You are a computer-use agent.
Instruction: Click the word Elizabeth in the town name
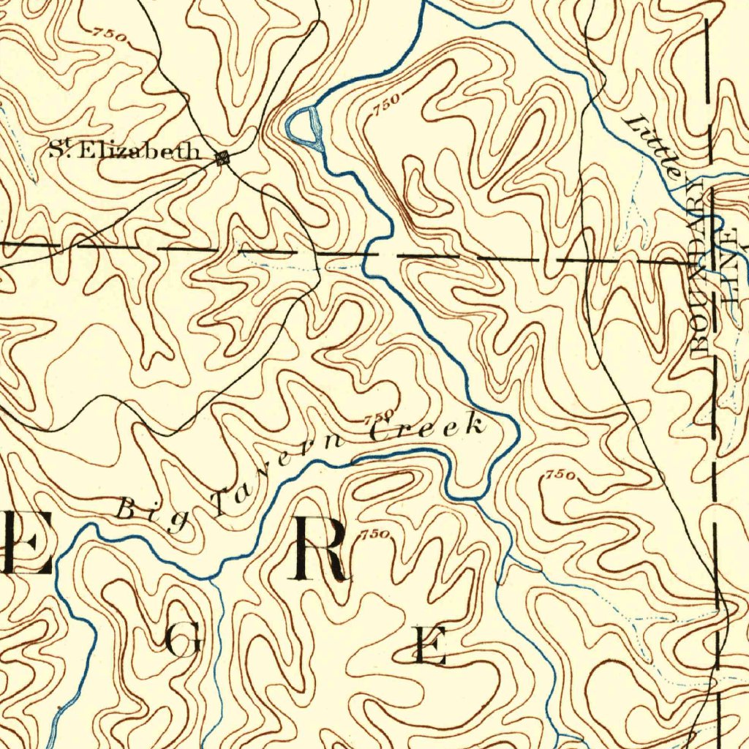click(138, 151)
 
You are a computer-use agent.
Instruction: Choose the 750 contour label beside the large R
click(374, 534)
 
